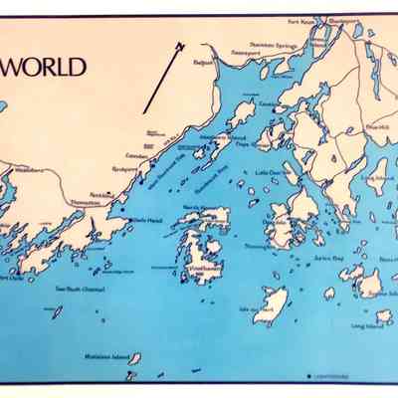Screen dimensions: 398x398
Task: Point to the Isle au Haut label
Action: coord(261,309)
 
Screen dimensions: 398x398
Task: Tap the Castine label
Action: coord(270,102)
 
